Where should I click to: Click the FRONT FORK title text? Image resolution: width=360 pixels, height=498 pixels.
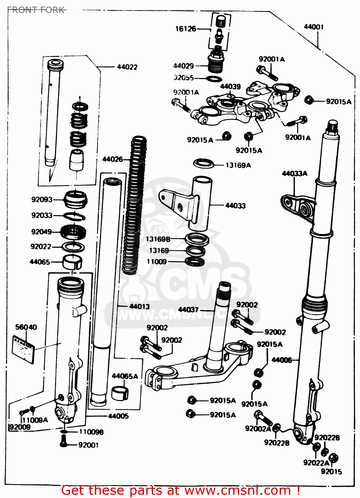point(36,10)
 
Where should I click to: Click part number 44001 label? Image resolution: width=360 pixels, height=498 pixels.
point(314,27)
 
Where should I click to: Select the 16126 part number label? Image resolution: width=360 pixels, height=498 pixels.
point(185,29)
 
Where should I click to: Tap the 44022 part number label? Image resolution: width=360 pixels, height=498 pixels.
point(127,67)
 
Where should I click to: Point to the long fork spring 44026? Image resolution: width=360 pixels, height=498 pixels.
point(134,206)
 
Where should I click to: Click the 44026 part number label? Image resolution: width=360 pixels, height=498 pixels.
point(112,159)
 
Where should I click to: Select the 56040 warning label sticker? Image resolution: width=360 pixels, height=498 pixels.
point(23,349)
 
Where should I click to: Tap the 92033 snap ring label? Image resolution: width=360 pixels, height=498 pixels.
point(42,215)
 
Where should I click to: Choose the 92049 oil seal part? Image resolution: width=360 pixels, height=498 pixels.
point(74,231)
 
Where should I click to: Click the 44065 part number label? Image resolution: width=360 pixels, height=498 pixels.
point(40,262)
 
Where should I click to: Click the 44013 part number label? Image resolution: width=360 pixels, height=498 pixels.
point(139,306)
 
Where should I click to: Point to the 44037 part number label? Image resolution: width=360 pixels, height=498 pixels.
point(188,310)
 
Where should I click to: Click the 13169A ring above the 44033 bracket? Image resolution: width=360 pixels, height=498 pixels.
point(203,163)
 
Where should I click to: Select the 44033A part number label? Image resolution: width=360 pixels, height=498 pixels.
point(294,173)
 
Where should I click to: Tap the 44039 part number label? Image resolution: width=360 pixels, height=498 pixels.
point(230,87)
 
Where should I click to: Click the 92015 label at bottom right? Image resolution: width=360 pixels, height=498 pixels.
point(331,471)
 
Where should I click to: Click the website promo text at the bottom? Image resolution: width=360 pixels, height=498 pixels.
point(181,490)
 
